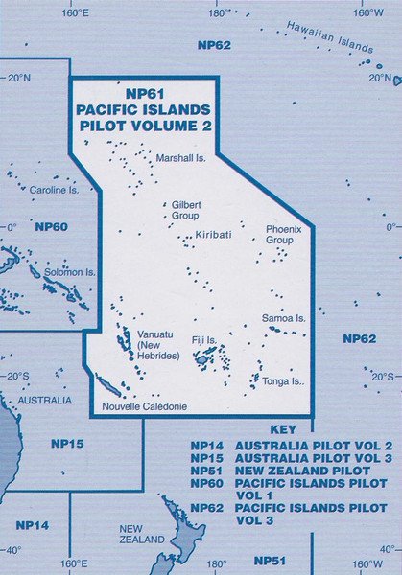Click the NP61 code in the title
click(147, 94)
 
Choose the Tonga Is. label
click(283, 381)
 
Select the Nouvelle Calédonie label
click(145, 406)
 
